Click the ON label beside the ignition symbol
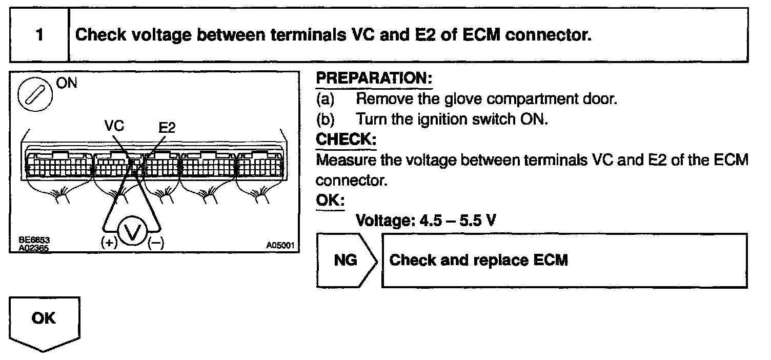coord(67,83)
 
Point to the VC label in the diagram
coord(114,126)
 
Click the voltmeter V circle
coord(133,234)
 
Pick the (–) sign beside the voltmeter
coord(155,244)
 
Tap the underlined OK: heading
coord(330,201)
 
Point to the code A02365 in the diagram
coord(31,246)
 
